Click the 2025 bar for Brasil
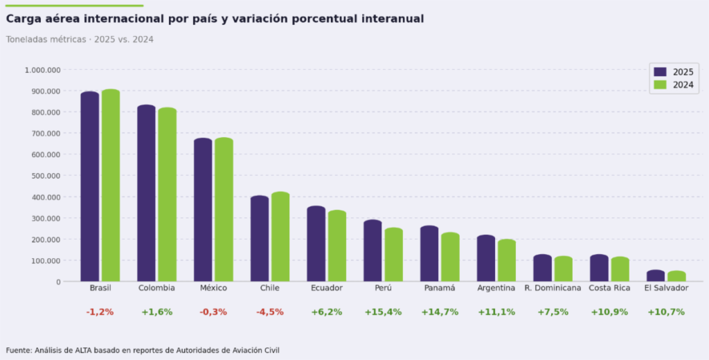tap(90, 187)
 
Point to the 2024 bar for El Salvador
tap(676, 276)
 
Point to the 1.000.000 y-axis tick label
tap(42, 70)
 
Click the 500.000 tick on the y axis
tap(46, 176)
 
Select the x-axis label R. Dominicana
tap(553, 288)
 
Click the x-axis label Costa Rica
tap(609, 288)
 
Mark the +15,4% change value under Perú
tap(383, 312)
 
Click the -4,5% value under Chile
tap(270, 312)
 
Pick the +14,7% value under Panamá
tap(440, 312)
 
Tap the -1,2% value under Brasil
tap(100, 312)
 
